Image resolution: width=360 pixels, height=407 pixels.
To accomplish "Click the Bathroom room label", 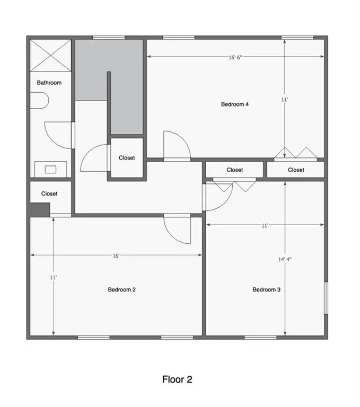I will (x=49, y=83).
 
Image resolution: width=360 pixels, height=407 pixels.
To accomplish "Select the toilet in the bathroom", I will (x=39, y=100).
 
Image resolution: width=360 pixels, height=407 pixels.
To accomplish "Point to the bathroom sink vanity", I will (x=50, y=169).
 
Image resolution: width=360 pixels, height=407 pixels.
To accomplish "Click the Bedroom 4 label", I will (x=235, y=104).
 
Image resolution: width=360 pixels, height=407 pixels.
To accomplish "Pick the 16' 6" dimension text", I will (x=235, y=58).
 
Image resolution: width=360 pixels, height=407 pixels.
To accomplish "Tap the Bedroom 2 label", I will (x=122, y=289).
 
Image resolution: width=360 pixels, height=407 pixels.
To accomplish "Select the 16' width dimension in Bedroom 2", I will (x=116, y=255).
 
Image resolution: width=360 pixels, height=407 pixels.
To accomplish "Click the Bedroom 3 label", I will (x=266, y=289).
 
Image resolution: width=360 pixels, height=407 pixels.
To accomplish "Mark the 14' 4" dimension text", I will (x=285, y=260).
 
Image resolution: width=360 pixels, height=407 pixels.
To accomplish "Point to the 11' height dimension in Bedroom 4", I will (x=285, y=99).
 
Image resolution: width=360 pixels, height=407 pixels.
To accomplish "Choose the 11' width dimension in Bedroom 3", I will (x=265, y=225).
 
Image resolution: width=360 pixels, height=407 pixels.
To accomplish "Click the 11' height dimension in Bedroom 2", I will (x=54, y=277).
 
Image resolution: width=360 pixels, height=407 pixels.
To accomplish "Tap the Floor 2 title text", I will (x=177, y=379).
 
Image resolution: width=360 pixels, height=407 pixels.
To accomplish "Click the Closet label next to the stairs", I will (x=127, y=158).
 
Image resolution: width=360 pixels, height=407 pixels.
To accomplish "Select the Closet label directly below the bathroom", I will (x=49, y=194).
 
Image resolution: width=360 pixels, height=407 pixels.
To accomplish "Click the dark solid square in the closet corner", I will (x=39, y=209).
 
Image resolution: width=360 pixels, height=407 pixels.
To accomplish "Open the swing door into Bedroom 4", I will (x=175, y=146).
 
